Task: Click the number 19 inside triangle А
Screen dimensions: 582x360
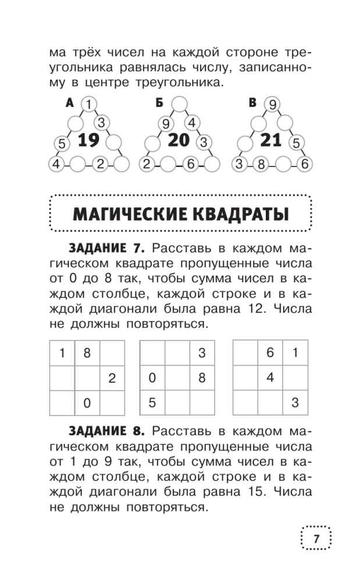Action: click(x=89, y=141)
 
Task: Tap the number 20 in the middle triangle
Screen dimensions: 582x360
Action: click(x=179, y=141)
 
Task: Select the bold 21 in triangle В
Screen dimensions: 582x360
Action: click(x=270, y=140)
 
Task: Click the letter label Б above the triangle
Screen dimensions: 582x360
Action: click(x=159, y=103)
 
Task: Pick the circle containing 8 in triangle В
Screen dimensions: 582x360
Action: click(x=261, y=165)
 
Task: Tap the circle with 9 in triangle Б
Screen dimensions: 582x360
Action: click(x=166, y=123)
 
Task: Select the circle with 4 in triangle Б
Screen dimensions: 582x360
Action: click(x=193, y=123)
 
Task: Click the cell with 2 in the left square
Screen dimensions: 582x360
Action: click(x=112, y=378)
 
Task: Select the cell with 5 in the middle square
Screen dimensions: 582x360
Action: click(x=152, y=402)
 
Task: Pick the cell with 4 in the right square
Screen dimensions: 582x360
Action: click(x=270, y=377)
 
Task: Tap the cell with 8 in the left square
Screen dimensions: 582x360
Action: click(x=87, y=353)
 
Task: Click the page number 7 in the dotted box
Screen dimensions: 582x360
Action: click(x=316, y=539)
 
